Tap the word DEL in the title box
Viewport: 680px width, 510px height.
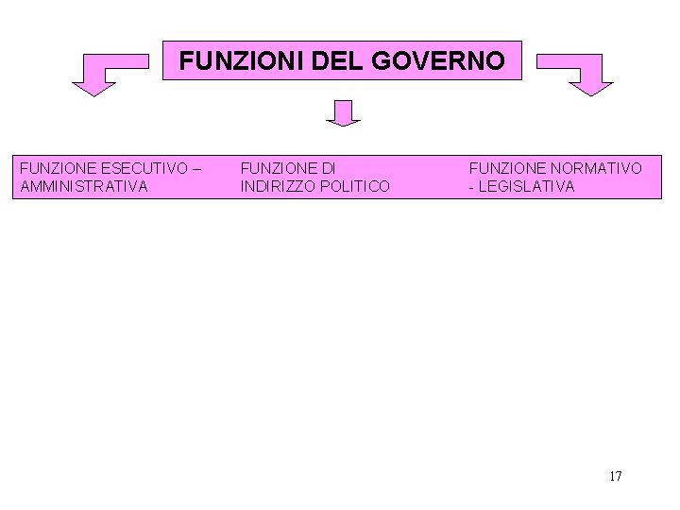pyautogui.click(x=308, y=60)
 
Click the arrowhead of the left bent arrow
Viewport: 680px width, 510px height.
pyautogui.click(x=93, y=88)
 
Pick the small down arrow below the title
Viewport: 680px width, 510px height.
pyautogui.click(x=344, y=114)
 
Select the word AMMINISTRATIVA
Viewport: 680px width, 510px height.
pyautogui.click(x=83, y=186)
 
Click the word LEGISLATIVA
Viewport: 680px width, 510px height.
pyautogui.click(x=527, y=186)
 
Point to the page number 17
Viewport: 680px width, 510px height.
pyautogui.click(x=616, y=476)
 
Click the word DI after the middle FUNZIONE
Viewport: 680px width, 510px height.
pyautogui.click(x=328, y=168)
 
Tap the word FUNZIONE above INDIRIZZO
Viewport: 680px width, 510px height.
pyautogui.click(x=279, y=168)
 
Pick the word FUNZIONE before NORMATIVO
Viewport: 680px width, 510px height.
pyautogui.click(x=507, y=168)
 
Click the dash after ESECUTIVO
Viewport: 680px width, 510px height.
pyautogui.click(x=195, y=168)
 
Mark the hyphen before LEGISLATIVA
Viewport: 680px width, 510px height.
pyautogui.click(x=472, y=187)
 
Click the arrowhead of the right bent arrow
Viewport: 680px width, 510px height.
pyautogui.click(x=591, y=88)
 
